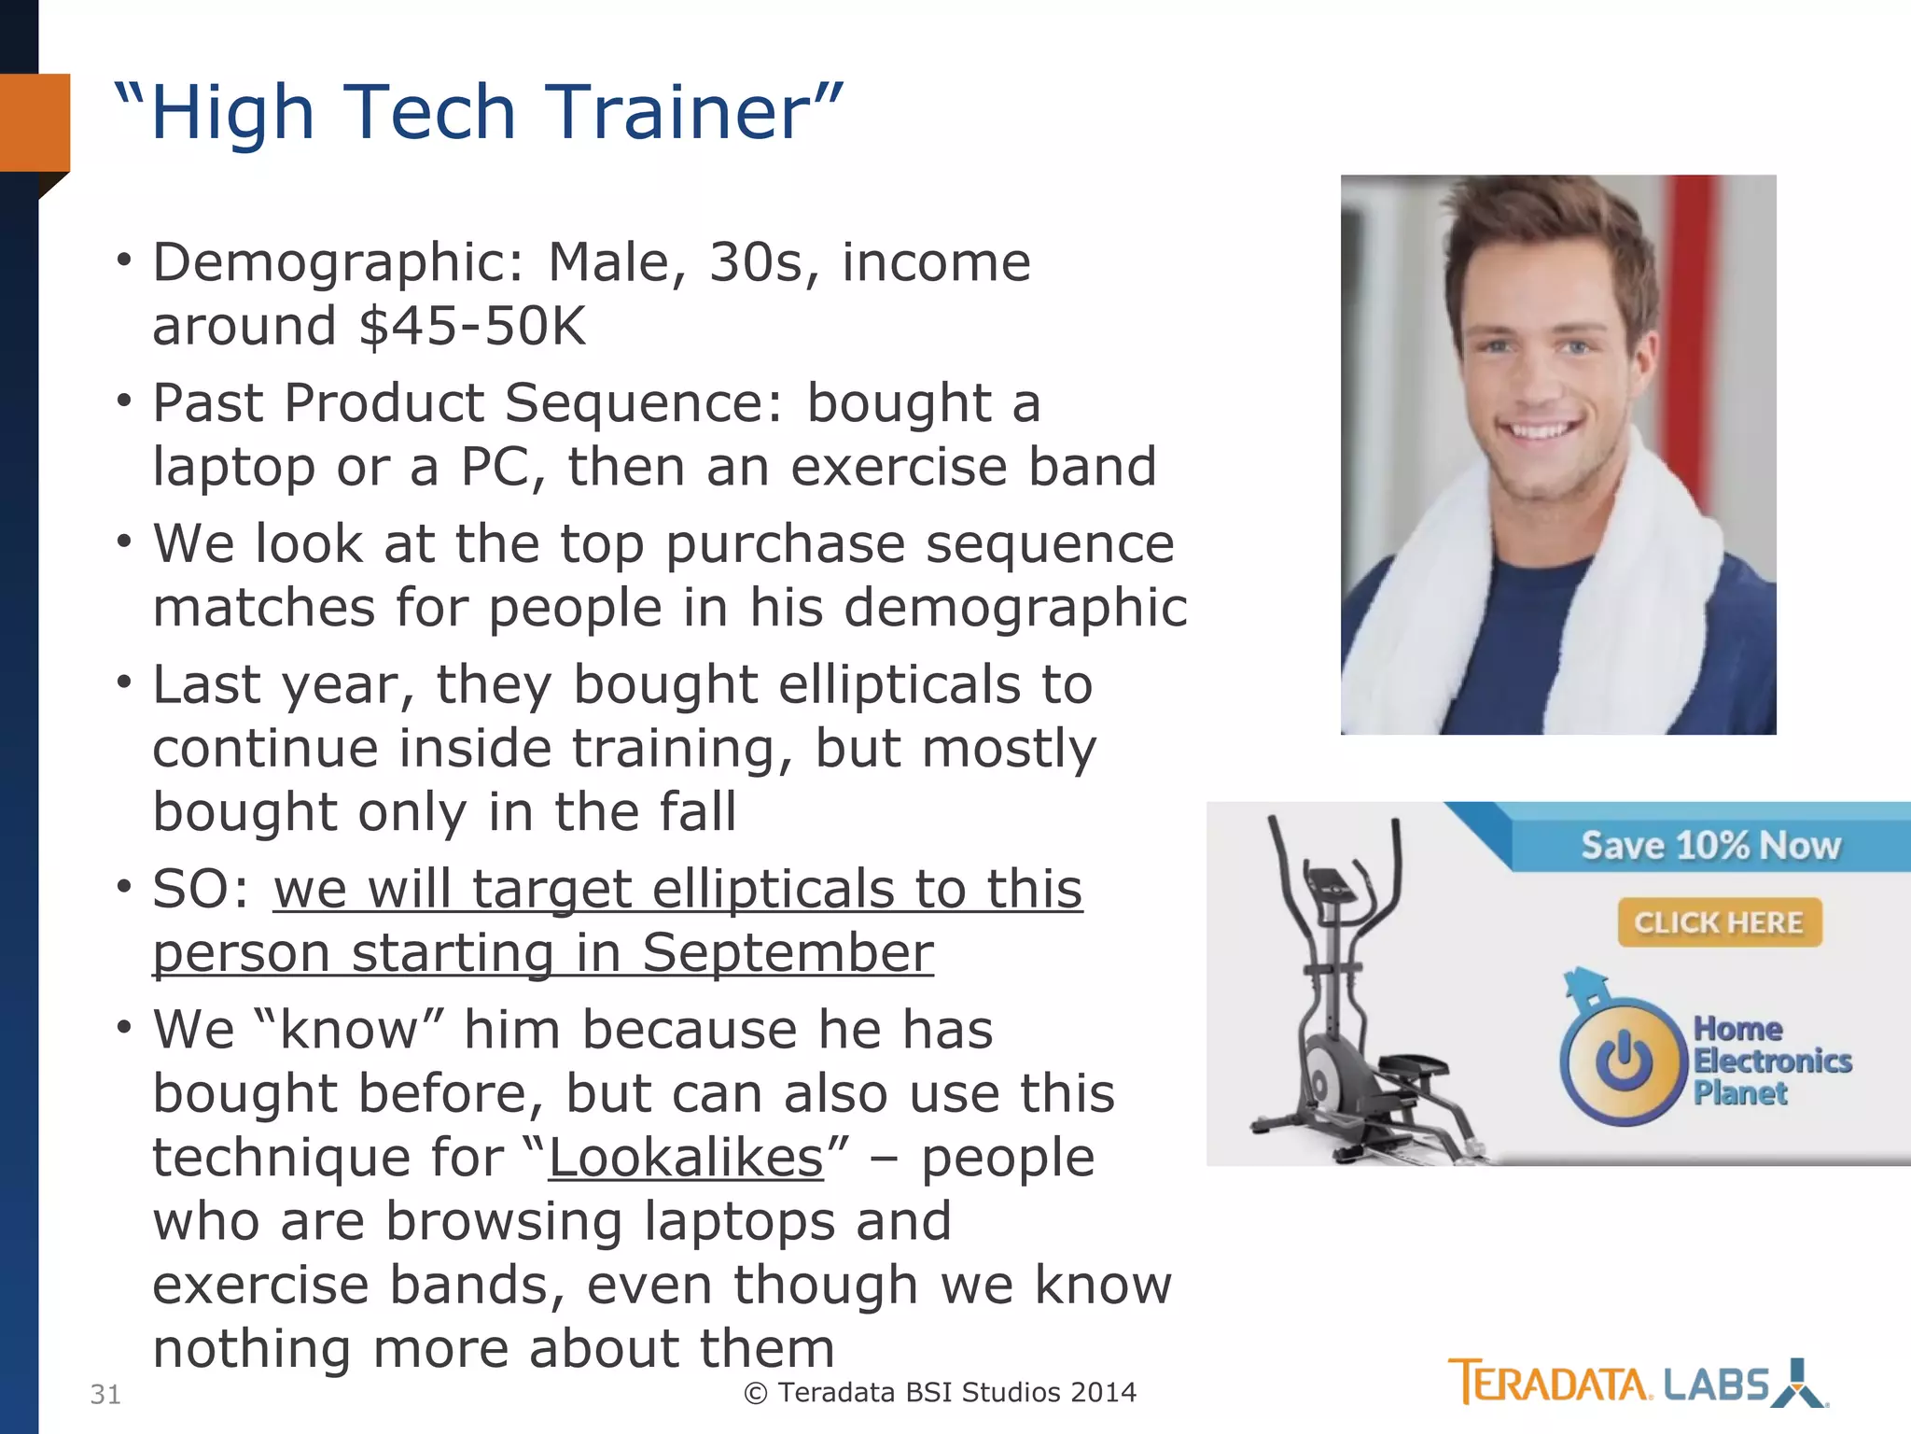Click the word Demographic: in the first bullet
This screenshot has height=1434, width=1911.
pos(339,262)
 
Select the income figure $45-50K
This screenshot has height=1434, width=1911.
pos(472,326)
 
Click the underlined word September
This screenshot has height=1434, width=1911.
pos(788,953)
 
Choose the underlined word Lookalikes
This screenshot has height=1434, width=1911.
pos(686,1158)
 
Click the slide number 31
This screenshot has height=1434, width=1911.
pos(105,1395)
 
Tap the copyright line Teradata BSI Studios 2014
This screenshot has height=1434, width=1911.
pos(941,1392)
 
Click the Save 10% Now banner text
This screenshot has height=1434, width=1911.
pos(1711,846)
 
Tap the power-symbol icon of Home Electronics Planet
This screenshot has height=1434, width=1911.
pos(1624,1061)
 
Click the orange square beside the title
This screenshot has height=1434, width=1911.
pos(35,122)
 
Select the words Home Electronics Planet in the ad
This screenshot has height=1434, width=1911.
pos(1771,1061)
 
